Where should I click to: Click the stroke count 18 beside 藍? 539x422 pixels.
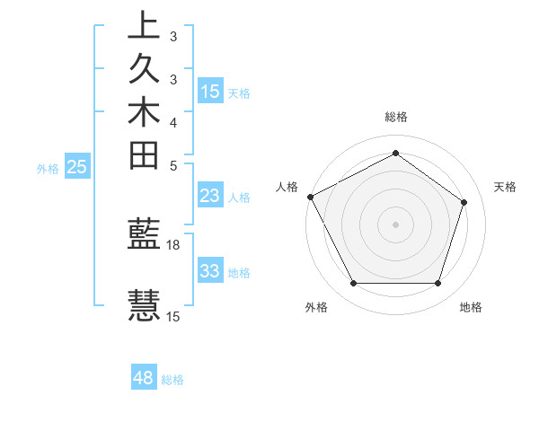click(x=173, y=244)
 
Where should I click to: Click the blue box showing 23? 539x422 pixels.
click(x=210, y=197)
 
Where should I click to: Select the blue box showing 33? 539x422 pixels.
click(x=210, y=271)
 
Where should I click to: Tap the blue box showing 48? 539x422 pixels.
click(x=144, y=378)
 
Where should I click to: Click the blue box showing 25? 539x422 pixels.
click(x=77, y=166)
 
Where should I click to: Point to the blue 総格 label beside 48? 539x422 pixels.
click(x=173, y=380)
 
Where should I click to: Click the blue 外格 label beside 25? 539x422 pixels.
click(x=48, y=168)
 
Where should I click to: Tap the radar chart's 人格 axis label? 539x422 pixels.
click(x=287, y=187)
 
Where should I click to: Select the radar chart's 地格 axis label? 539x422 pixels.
click(x=471, y=307)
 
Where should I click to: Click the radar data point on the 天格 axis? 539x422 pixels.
click(x=464, y=202)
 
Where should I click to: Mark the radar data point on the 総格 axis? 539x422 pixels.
click(x=395, y=153)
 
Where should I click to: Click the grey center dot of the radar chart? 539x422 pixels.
click(x=395, y=224)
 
